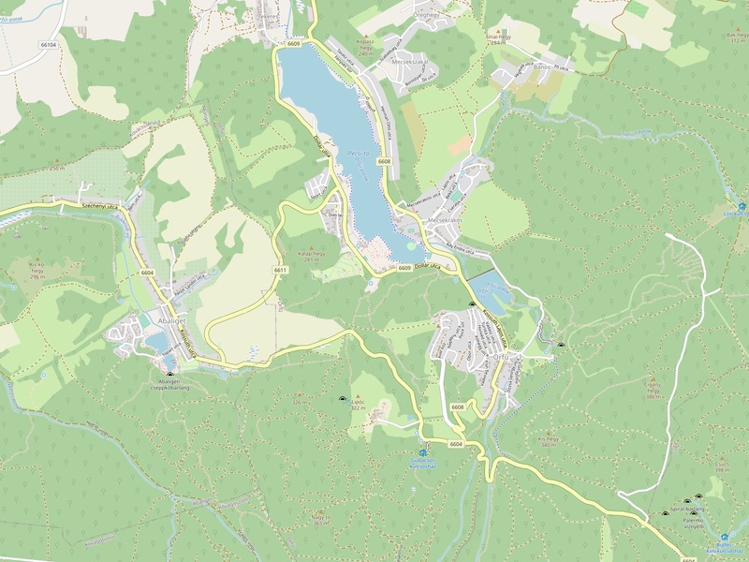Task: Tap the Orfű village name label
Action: point(501,358)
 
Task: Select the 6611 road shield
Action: point(280,270)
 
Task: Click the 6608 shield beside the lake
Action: point(384,161)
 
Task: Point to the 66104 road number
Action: point(49,44)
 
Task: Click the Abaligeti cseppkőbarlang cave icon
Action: point(169,373)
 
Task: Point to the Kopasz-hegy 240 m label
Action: point(365,48)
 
